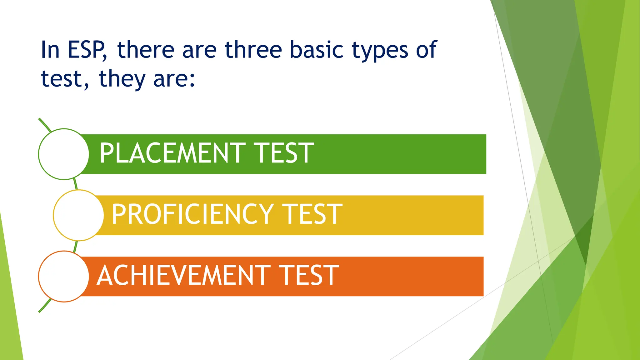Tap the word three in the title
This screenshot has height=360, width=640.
click(x=253, y=50)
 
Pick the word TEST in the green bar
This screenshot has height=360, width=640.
click(x=283, y=153)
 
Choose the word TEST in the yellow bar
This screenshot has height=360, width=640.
click(x=313, y=214)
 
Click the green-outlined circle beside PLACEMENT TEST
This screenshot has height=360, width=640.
click(x=64, y=154)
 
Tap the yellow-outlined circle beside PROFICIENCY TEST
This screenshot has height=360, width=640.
click(x=78, y=215)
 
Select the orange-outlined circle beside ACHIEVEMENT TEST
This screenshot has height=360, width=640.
click(x=64, y=277)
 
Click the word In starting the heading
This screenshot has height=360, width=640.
click(x=50, y=50)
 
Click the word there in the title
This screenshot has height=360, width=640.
click(x=146, y=50)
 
